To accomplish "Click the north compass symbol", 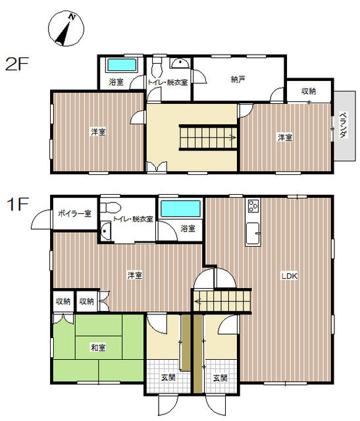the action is (66, 28).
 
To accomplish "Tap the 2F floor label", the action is (17, 64).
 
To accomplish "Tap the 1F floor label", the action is (18, 204).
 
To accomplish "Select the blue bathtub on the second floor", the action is (122, 65).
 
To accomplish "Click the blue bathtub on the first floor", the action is (181, 209).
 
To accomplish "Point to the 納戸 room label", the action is (238, 80).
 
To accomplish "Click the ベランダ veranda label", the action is (343, 125).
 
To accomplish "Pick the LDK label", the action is (290, 276).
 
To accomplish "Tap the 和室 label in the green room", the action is (98, 348).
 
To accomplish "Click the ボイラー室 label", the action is (74, 214).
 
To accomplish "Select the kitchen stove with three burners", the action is (253, 206).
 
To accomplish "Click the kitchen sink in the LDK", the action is (253, 234).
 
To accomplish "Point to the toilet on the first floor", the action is (110, 208).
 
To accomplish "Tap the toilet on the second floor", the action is (157, 66).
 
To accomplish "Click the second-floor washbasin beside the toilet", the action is (180, 63).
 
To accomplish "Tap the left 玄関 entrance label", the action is (168, 378).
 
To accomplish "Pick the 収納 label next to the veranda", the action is (309, 91).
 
